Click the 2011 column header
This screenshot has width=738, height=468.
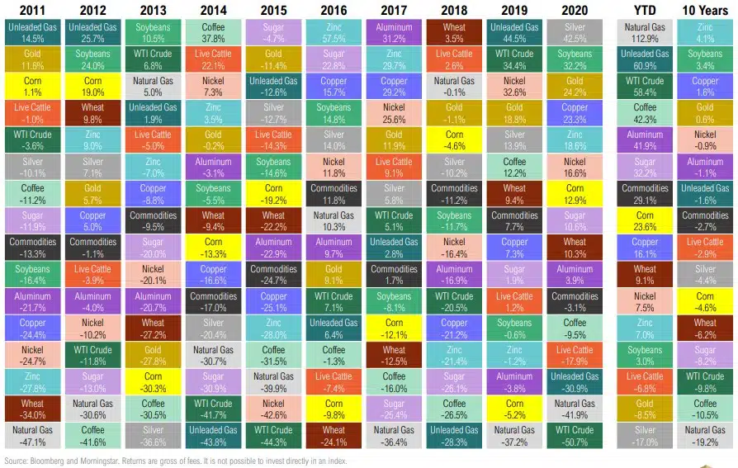[x=27, y=10]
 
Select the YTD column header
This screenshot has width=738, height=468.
[x=645, y=10]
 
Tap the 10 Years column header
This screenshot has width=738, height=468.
[x=706, y=10]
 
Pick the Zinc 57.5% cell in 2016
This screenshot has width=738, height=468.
[x=334, y=32]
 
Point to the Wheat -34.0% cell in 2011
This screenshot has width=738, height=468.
[x=27, y=408]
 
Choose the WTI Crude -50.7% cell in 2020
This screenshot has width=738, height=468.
[x=575, y=435]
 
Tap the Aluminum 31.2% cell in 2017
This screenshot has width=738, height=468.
[x=394, y=32]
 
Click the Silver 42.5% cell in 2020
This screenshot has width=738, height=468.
[x=575, y=32]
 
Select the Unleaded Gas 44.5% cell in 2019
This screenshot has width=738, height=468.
[x=514, y=32]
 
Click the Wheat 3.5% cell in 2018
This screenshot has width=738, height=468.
[x=454, y=32]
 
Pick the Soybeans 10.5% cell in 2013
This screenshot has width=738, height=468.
[x=152, y=32]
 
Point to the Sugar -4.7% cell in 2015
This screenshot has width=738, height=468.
[x=273, y=32]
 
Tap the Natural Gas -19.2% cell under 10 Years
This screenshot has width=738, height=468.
[x=706, y=435]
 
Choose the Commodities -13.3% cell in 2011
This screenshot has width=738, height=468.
[x=27, y=247]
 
